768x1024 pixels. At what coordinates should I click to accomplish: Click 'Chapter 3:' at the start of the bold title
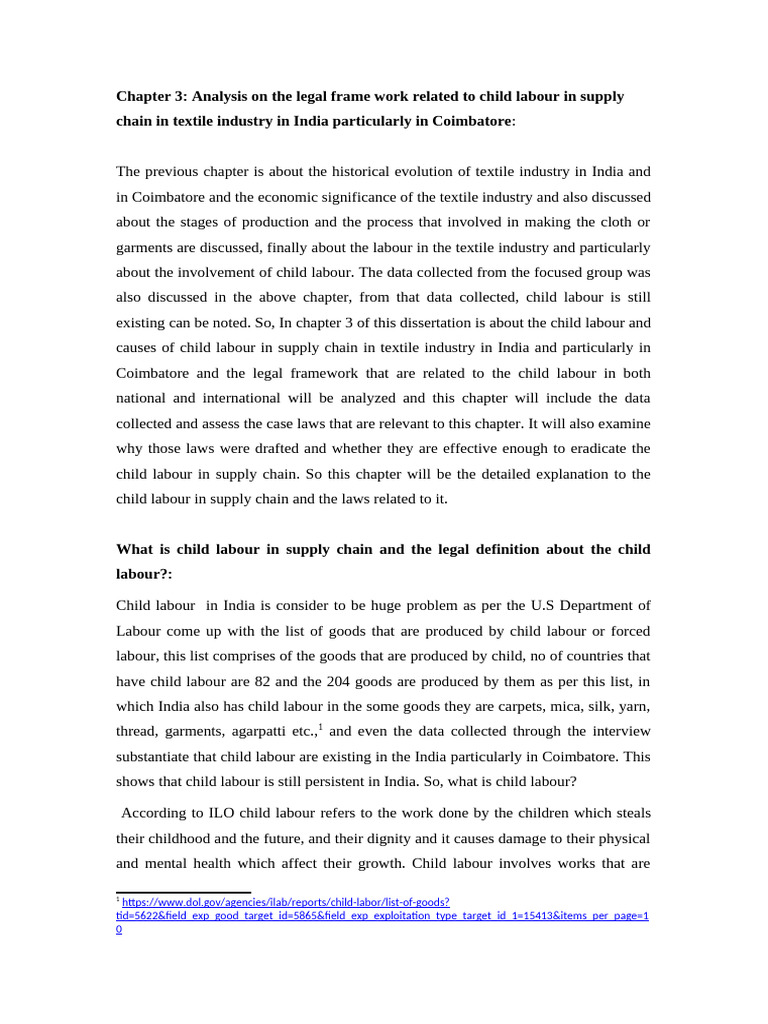click(151, 96)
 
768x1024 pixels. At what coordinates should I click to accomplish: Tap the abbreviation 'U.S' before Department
click(545, 605)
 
